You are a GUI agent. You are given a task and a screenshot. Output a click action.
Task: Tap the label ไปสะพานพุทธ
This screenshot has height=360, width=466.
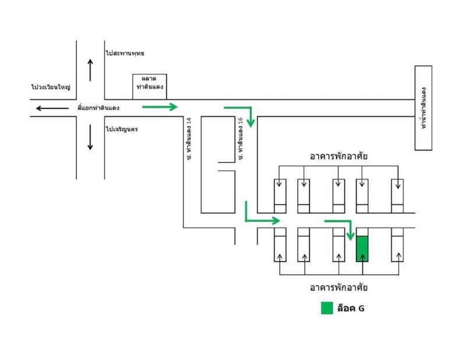(x=125, y=53)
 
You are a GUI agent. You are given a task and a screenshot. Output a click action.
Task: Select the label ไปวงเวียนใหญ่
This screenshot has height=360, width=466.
(x=51, y=87)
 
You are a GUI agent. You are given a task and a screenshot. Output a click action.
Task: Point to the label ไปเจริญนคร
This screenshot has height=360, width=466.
(x=122, y=129)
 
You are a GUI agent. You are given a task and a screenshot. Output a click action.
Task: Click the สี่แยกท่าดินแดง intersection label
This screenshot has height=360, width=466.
(x=98, y=108)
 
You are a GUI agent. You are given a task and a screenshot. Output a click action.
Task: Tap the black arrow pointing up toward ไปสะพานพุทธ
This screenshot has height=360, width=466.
(x=90, y=70)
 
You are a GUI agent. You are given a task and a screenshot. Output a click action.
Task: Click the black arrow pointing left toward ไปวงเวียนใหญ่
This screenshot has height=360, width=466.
(x=52, y=108)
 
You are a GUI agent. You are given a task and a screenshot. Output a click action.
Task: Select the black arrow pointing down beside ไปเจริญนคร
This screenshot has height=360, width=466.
(x=90, y=137)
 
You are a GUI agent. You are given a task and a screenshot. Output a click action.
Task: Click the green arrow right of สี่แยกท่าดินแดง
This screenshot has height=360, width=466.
(x=160, y=107)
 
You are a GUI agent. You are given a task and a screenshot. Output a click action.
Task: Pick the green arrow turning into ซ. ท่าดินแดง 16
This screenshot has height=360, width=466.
(x=251, y=108)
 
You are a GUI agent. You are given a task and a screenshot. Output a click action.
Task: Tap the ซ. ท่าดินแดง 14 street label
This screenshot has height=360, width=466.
(x=189, y=139)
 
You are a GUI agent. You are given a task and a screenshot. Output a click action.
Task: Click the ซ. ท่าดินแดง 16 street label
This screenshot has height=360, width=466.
(x=241, y=139)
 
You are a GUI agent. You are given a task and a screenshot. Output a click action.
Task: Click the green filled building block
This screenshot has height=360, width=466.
(x=362, y=249)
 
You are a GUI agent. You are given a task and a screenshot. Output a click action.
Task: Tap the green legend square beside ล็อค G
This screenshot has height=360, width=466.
(x=327, y=308)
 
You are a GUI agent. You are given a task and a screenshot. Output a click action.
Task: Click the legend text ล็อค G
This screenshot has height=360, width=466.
(x=351, y=308)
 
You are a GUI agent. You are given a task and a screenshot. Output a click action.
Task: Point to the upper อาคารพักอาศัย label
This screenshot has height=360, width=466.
(x=338, y=156)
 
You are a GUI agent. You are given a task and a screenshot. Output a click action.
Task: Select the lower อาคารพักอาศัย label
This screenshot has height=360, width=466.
(x=338, y=287)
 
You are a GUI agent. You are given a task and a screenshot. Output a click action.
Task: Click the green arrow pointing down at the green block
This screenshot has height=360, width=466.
(x=351, y=221)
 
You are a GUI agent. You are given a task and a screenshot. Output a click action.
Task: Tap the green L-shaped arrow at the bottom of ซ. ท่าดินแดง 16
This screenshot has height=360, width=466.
(x=246, y=221)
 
